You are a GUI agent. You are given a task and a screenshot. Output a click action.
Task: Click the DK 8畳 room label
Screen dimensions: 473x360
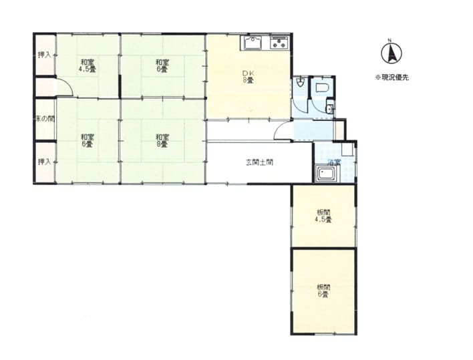coord(248,77)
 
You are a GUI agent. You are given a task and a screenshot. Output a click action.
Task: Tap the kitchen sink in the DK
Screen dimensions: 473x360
coord(253,43)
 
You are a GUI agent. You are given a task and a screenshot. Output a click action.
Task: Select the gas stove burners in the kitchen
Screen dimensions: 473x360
coord(280,43)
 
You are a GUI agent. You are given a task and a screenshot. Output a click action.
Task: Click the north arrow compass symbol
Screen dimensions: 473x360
coord(391,53)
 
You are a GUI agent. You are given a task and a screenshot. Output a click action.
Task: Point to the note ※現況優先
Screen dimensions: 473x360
coord(391,77)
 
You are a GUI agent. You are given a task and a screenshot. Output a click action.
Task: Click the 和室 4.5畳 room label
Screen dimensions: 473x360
coord(87,65)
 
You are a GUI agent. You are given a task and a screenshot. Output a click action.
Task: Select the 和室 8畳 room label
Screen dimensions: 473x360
coord(162,140)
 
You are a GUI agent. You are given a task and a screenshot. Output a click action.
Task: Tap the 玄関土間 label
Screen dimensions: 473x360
coord(259,162)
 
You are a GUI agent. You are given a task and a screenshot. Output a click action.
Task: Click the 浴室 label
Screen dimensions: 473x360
coord(334,162)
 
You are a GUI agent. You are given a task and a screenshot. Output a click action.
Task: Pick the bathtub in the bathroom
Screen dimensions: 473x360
coord(327,174)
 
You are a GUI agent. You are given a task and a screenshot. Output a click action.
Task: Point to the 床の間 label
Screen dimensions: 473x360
coord(45,119)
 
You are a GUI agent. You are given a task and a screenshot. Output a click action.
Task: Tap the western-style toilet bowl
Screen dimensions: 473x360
coord(321,87)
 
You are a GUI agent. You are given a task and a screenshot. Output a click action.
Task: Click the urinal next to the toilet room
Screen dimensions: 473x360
coord(300,83)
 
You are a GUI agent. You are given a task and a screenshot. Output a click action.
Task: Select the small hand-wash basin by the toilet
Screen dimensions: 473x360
coord(330,108)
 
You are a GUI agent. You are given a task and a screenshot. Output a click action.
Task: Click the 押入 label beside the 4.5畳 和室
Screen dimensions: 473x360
coord(44,55)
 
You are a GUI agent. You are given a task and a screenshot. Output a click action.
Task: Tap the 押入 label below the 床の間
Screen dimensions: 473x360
coord(44,162)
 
